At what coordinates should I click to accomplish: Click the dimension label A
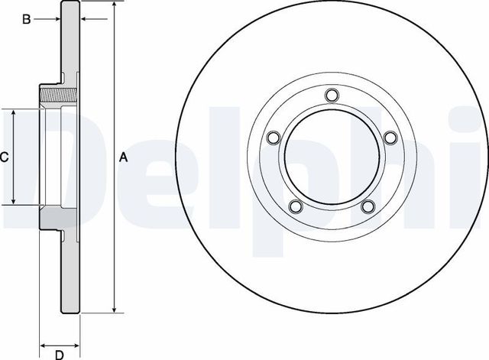123,157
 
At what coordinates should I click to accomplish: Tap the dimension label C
4,157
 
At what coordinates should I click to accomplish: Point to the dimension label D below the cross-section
58,353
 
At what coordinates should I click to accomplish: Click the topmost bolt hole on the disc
331,95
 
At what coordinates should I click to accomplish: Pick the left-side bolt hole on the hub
272,138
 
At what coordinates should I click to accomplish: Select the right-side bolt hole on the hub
390,138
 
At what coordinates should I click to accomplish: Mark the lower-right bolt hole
368,206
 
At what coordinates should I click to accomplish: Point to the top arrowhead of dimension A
114,5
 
